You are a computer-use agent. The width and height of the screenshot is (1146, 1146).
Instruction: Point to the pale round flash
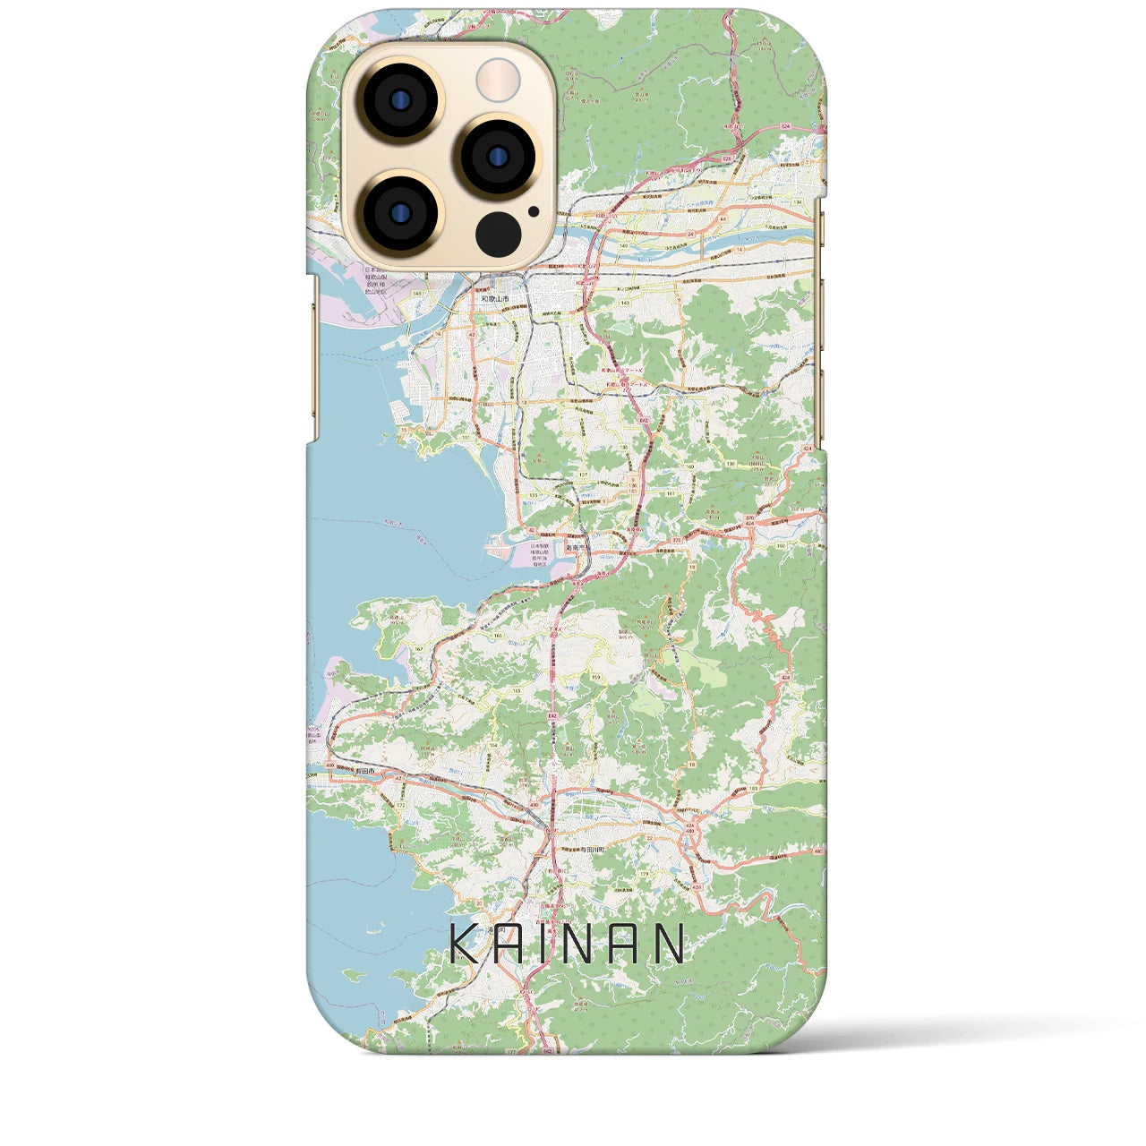coord(498,80)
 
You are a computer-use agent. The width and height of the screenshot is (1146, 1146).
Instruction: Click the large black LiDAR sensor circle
coord(498,235)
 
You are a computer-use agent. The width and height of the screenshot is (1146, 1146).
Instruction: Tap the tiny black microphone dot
coord(534,212)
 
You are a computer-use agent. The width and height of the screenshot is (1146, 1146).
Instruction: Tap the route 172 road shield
coord(399,805)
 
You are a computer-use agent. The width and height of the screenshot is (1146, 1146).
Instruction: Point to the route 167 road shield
coord(417,649)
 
